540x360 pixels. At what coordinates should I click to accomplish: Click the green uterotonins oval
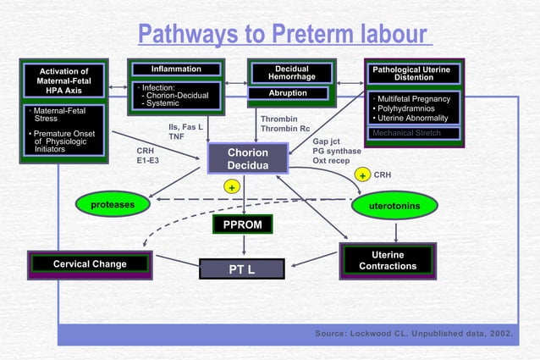click(394, 204)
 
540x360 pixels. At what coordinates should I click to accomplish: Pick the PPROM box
click(243, 224)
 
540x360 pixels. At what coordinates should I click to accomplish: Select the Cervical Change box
click(90, 264)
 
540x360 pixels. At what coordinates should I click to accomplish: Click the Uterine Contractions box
click(388, 261)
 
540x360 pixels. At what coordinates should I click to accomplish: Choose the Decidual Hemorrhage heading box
click(293, 73)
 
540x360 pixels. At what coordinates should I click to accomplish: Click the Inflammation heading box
click(176, 69)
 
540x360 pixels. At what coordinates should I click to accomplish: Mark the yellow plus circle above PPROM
click(229, 186)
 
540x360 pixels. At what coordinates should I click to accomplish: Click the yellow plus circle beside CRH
click(361, 175)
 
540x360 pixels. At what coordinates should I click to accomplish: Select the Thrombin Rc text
click(284, 129)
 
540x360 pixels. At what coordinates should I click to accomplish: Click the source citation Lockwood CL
click(414, 334)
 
